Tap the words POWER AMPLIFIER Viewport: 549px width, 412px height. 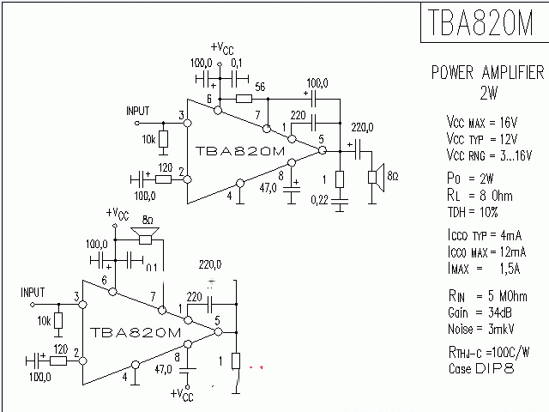tap(487, 73)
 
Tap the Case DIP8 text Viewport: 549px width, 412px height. tap(482, 369)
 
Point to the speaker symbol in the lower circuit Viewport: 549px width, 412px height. tap(147, 236)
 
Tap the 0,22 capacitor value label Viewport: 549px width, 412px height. tap(318, 201)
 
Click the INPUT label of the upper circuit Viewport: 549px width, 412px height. tap(137, 112)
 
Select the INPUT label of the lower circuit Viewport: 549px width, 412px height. tap(32, 293)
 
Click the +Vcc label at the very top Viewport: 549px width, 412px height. tap(221, 47)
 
